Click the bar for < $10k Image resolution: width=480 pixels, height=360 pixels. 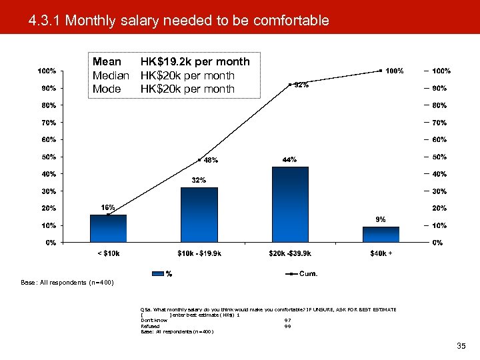point(108,229)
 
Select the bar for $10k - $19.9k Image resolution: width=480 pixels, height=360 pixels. point(199,215)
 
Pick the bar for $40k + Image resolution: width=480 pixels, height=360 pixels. point(381,235)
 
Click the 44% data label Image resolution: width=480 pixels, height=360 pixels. point(290,159)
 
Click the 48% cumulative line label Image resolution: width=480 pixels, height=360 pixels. point(211,160)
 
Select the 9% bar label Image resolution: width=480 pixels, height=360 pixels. point(380,219)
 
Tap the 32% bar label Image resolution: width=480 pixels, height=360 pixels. point(199,180)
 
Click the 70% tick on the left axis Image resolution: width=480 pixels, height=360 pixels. point(46,123)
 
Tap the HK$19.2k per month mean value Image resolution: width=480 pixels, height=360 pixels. point(195,61)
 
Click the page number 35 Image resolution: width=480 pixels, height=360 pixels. point(461,346)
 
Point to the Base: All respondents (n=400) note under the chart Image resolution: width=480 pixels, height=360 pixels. point(67,283)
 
